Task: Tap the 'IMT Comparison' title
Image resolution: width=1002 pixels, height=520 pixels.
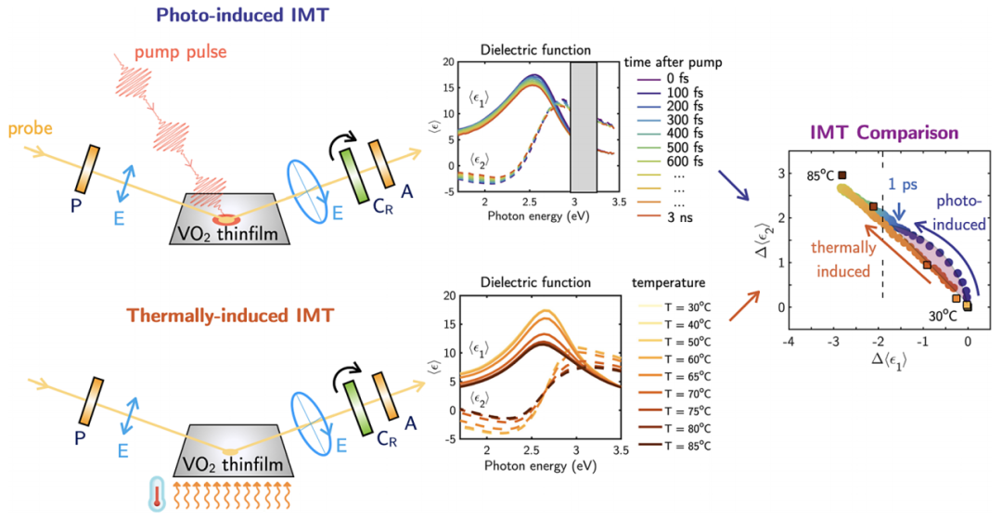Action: tap(874, 134)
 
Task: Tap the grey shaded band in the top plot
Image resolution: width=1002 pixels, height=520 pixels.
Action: tap(584, 126)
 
